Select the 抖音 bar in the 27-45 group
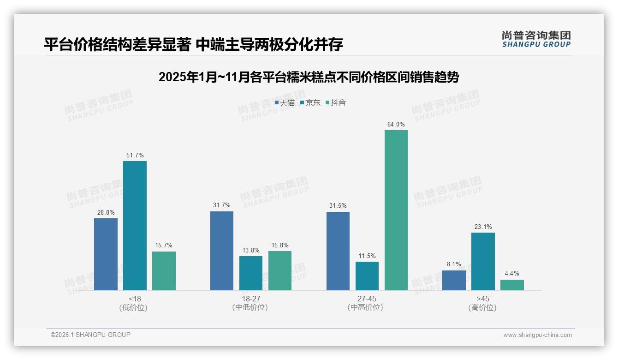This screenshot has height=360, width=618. click(396, 210)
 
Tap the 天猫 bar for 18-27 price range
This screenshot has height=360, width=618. click(222, 251)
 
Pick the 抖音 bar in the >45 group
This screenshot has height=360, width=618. click(512, 285)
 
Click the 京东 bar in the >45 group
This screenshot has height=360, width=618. click(483, 261)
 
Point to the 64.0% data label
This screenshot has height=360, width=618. click(396, 124)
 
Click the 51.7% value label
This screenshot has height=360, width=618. click(135, 155)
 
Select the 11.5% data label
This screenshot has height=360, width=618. click(367, 256)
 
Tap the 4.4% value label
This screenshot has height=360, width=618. click(512, 273)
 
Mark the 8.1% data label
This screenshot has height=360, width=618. click(454, 264)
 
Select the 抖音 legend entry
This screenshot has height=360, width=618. click(336, 103)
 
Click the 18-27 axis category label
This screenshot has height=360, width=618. click(250, 299)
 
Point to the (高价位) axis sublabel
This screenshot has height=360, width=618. click(482, 307)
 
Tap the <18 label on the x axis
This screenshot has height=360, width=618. click(135, 299)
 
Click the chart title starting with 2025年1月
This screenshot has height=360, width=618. click(309, 77)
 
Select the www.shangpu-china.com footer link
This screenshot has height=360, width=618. click(537, 335)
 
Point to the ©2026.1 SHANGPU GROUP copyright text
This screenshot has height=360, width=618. click(90, 335)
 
